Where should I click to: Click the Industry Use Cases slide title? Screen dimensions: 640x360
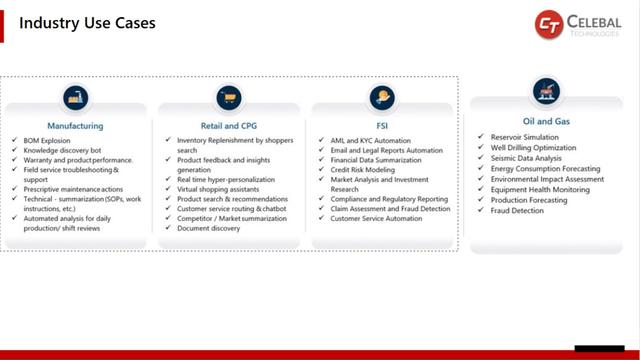coord(87,23)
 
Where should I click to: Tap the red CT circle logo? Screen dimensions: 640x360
coord(549,24)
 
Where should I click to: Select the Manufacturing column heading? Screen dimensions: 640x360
coord(75,126)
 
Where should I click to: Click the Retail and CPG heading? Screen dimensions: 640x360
coord(229,126)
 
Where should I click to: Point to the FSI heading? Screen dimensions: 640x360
coord(382,126)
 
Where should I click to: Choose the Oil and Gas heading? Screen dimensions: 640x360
coord(546,121)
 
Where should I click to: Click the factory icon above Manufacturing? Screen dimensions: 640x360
coord(75,98)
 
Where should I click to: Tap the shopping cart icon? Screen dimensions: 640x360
coord(229,98)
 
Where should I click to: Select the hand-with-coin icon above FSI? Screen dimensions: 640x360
coord(382,98)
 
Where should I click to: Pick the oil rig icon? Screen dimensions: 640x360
coord(546,91)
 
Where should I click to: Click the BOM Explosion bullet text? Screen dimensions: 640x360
coord(47,140)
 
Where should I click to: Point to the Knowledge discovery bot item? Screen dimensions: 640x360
coord(62,150)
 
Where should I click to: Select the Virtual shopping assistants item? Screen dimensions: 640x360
coord(218,189)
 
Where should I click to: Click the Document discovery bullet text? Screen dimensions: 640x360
coord(208,228)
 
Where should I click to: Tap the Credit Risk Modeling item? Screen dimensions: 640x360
coord(362,169)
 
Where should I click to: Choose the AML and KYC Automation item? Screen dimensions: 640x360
coord(370,140)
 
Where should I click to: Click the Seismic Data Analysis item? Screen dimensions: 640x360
coord(526,158)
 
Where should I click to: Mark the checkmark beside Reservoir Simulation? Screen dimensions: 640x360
coord(481,136)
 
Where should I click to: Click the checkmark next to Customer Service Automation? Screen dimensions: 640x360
coord(321,217)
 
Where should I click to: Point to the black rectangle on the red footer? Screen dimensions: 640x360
coord(599,348)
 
